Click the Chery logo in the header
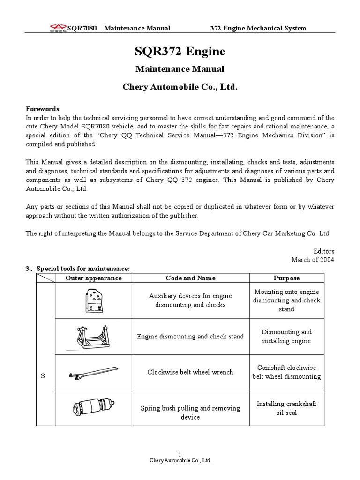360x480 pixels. [x=58, y=29]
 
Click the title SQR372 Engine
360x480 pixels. [x=180, y=51]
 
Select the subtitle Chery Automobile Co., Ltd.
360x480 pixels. [x=180, y=87]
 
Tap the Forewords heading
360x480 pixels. [x=42, y=109]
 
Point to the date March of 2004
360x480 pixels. [x=313, y=260]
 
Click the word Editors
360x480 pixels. [x=323, y=251]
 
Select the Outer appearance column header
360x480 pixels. [x=93, y=278]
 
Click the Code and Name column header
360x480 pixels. [x=190, y=278]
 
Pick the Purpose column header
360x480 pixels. [x=286, y=278]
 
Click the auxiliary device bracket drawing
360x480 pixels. [x=93, y=300]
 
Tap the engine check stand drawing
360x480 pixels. [x=93, y=336]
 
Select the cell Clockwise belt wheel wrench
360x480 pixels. [x=190, y=372]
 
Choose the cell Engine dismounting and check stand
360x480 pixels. [x=190, y=337]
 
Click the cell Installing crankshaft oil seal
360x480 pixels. [x=286, y=408]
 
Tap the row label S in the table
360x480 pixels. [x=43, y=376]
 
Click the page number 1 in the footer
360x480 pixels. [x=180, y=454]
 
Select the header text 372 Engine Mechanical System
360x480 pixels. [x=257, y=28]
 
